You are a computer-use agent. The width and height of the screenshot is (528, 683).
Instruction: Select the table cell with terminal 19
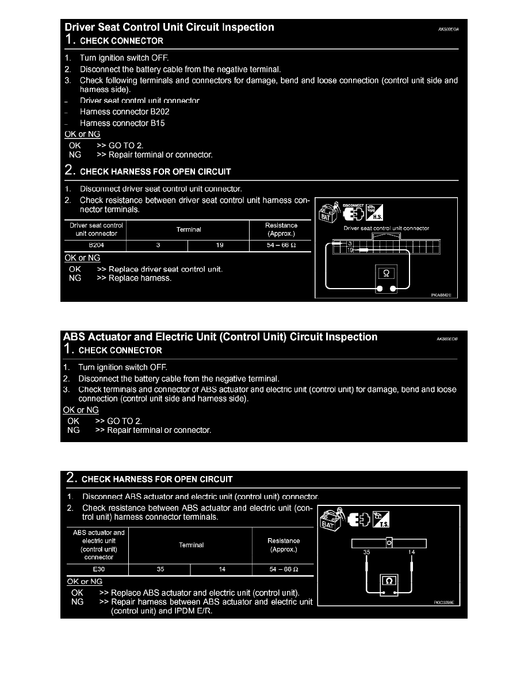pyautogui.click(x=219, y=245)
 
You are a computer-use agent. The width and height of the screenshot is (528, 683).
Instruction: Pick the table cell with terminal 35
pyautogui.click(x=159, y=569)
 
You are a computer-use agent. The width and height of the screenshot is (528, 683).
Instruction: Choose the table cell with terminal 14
pyautogui.click(x=221, y=569)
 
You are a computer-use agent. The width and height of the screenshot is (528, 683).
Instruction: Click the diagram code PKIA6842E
pyautogui.click(x=441, y=294)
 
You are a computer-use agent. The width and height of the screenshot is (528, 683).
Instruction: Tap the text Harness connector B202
pyautogui.click(x=124, y=112)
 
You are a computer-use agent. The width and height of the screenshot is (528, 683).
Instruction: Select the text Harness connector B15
pyautogui.click(x=122, y=123)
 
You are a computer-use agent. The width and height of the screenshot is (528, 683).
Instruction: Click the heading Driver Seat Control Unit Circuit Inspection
pyautogui.click(x=170, y=28)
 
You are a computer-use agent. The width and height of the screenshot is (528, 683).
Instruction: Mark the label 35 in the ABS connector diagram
pyautogui.click(x=366, y=552)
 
